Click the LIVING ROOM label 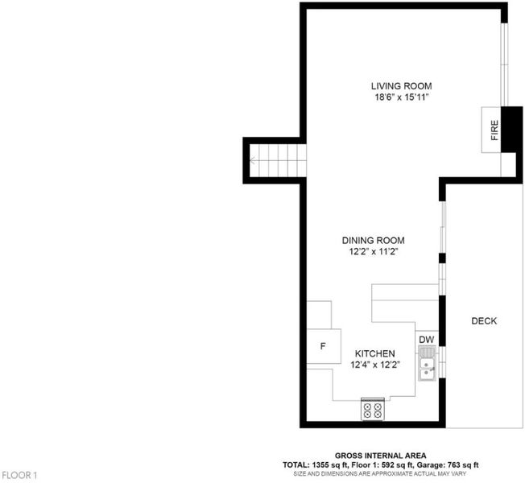(x=401, y=86)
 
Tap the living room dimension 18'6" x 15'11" (x=402, y=97)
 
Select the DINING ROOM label (x=373, y=241)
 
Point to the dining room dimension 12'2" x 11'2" (x=374, y=251)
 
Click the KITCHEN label (x=374, y=353)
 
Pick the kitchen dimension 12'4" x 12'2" (x=375, y=365)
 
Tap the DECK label (x=484, y=321)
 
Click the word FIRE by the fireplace (x=494, y=130)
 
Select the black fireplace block (x=511, y=130)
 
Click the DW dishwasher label (x=426, y=340)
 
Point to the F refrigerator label (x=323, y=346)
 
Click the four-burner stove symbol (x=372, y=410)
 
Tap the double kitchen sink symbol (x=427, y=364)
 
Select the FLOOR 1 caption (x=19, y=475)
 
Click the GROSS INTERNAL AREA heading (x=380, y=456)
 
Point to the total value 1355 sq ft (x=330, y=465)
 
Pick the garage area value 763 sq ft (x=462, y=465)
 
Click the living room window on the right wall (x=504, y=64)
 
